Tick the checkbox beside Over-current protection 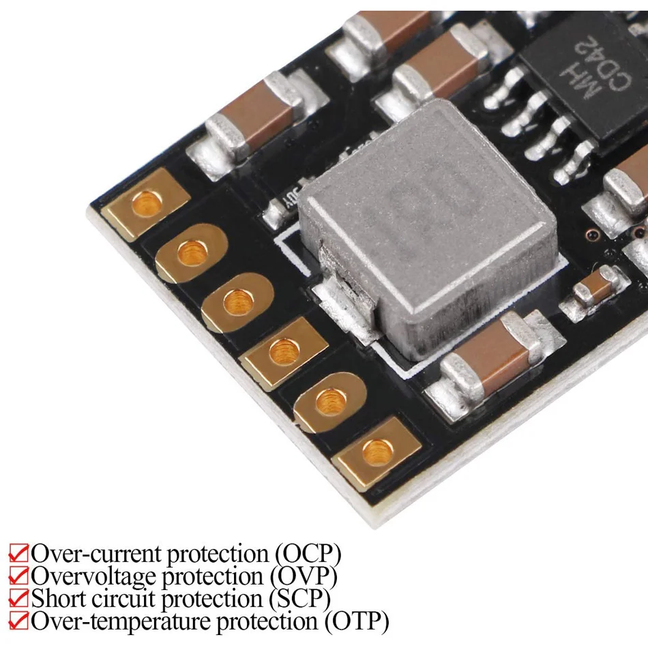coord(18,553)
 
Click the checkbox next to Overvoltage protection coord(18,576)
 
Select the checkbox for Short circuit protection coord(18,599)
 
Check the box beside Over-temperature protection coord(18,622)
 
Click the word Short coord(58,599)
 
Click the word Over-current coord(96,553)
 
